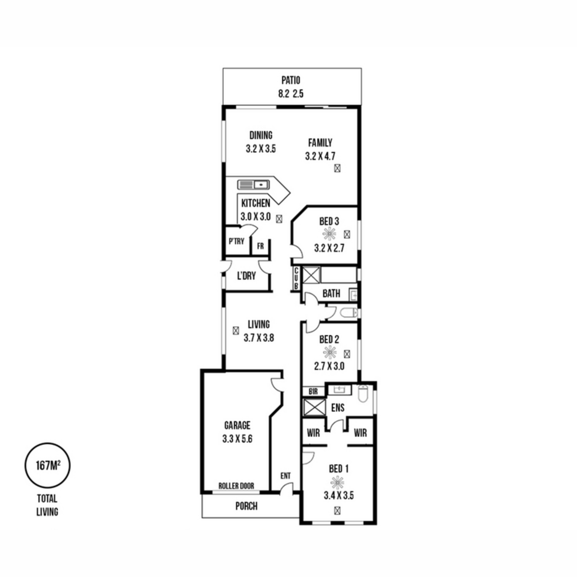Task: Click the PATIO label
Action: pos(290,81)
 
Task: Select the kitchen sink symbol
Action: pos(253,185)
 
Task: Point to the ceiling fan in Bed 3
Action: pos(328,234)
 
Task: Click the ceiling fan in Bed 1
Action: pos(337,482)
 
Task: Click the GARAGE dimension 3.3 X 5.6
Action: pos(237,439)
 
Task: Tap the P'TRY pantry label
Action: pos(237,241)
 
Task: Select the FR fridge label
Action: pos(261,246)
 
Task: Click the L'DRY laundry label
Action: pos(247,276)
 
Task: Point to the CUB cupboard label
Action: pos(296,278)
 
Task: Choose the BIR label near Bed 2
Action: pos(313,391)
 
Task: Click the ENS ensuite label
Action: pos(338,408)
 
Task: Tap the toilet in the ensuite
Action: pos(363,393)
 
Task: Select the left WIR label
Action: pos(313,433)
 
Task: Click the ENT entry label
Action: pos(285,476)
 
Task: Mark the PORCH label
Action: pos(246,506)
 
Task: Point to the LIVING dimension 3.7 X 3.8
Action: pos(259,338)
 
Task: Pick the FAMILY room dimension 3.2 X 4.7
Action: pos(320,156)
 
